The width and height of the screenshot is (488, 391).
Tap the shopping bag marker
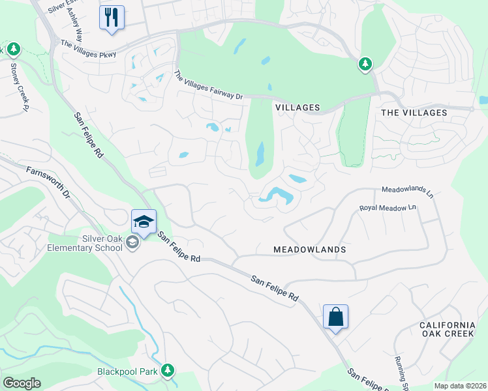tap(335, 317)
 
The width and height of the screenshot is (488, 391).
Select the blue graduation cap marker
tap(144, 222)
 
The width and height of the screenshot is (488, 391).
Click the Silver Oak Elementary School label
tap(84, 243)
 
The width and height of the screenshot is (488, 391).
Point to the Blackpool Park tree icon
tap(168, 370)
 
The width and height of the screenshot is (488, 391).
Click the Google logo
tap(22, 383)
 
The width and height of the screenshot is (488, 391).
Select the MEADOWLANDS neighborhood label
tap(309, 250)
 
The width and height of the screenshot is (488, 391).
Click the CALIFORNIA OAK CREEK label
tap(448, 330)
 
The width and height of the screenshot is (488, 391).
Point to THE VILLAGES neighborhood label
tap(414, 113)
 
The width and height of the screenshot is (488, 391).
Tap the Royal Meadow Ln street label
tap(388, 208)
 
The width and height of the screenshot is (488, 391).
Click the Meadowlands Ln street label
tap(407, 191)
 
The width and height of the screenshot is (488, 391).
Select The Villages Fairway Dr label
tap(208, 85)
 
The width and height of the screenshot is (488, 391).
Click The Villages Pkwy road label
tap(87, 49)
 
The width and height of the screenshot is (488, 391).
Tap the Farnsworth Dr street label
tap(48, 182)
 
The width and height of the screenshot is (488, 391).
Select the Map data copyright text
tap(460, 386)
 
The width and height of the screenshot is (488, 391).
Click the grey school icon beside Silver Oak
tap(132, 243)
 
